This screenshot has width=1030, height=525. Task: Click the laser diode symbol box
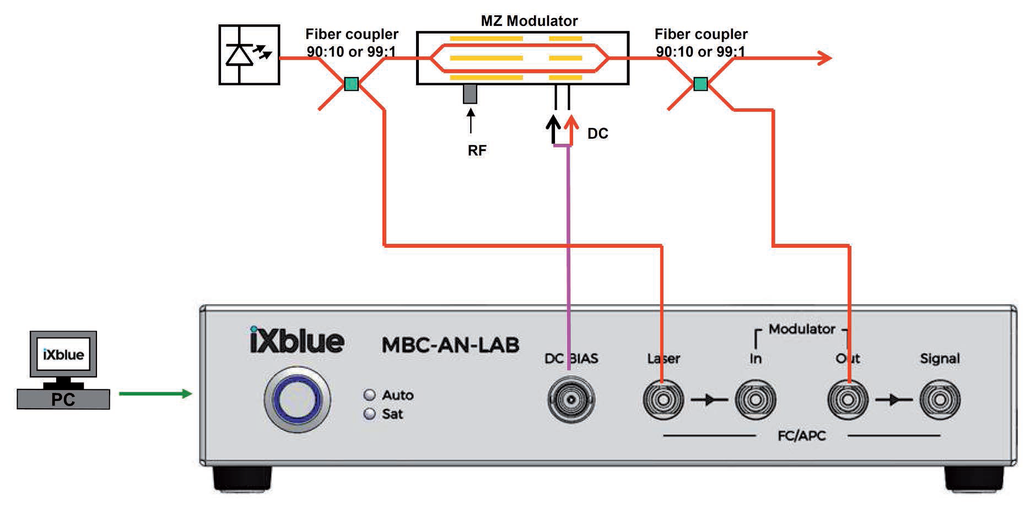tap(249, 55)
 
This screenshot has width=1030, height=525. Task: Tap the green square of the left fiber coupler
tap(351, 84)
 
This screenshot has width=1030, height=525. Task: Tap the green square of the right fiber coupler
tap(700, 84)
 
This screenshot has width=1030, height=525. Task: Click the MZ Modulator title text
tap(529, 21)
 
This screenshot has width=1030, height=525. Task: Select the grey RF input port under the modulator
tap(470, 94)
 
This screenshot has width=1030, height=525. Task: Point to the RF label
tap(477, 150)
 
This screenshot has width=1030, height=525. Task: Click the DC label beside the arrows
tap(598, 134)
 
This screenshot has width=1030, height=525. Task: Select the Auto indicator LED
tap(370, 395)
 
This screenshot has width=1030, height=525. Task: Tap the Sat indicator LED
tap(370, 414)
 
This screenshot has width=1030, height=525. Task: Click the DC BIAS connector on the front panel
tap(571, 399)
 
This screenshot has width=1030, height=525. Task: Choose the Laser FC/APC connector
tap(664, 399)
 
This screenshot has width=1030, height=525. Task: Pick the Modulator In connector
tap(756, 399)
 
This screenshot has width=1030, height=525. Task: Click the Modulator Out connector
tap(848, 399)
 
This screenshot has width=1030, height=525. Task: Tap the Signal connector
tap(940, 399)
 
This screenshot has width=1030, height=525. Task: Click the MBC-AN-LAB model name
tap(450, 345)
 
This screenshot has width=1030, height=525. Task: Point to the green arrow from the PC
tap(155, 393)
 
